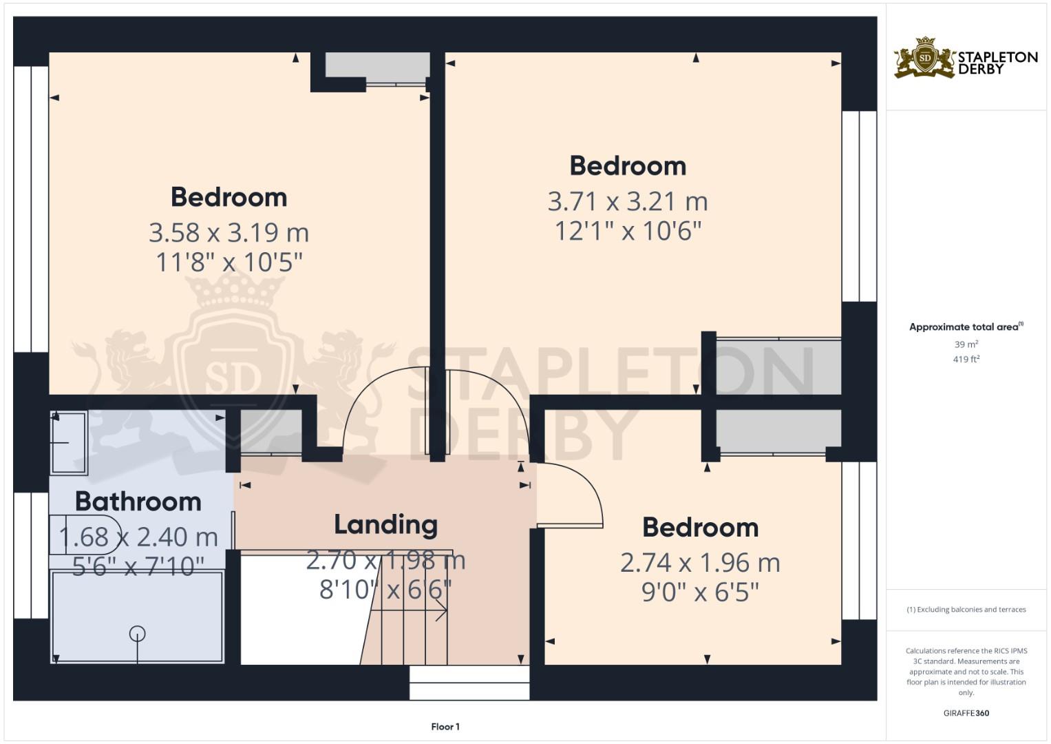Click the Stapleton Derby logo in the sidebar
(x=965, y=58)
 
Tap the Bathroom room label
(x=138, y=501)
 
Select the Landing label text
(x=385, y=524)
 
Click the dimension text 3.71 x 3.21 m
(x=627, y=201)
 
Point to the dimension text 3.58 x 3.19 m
(x=229, y=232)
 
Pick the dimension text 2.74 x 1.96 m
(x=700, y=563)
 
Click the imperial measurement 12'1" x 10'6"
(x=627, y=231)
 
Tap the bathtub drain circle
(x=137, y=633)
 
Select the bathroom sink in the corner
(x=68, y=442)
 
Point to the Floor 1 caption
(x=445, y=726)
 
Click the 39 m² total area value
(x=966, y=344)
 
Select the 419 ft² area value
(x=966, y=359)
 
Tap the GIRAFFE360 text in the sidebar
(x=966, y=713)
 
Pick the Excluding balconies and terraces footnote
(x=966, y=610)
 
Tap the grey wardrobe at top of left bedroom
(x=377, y=67)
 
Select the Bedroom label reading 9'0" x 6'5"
(x=700, y=528)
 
